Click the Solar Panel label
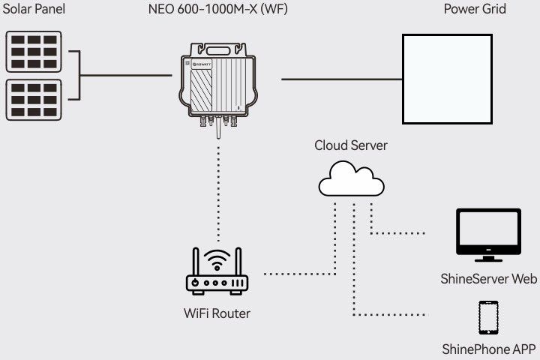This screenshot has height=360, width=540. point(34,10)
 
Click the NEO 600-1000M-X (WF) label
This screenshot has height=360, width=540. point(217,10)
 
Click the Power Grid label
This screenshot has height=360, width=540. point(485,10)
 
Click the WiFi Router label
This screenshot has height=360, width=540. point(217,313)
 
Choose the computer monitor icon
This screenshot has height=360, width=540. point(488,235)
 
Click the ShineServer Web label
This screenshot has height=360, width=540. point(489,280)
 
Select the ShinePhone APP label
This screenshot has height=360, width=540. point(489,349)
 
